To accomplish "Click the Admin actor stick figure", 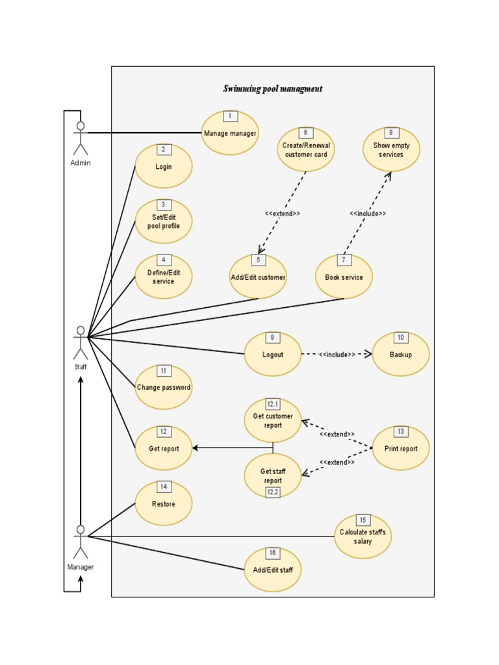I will point(81,136).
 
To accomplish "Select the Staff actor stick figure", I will point(81,342).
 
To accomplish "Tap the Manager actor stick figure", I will point(81,542).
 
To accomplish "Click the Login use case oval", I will point(164,166).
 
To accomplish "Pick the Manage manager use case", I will point(230,133).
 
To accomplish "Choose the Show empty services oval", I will point(391,149).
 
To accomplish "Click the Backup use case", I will point(401,355).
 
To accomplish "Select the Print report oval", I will point(401,448).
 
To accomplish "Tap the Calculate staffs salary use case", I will point(363,536).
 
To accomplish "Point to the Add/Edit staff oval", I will point(272,570).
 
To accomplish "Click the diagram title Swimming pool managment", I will point(273,89).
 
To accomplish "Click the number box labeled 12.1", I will point(272,403).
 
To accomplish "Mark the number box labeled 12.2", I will point(272,492).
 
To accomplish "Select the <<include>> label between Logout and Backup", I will point(337,355).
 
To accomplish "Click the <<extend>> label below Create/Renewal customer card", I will point(283,213).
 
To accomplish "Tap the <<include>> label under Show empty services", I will point(368,213).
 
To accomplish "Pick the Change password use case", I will point(164,387).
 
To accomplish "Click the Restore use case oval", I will point(164,503).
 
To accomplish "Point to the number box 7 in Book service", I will point(343,260).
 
